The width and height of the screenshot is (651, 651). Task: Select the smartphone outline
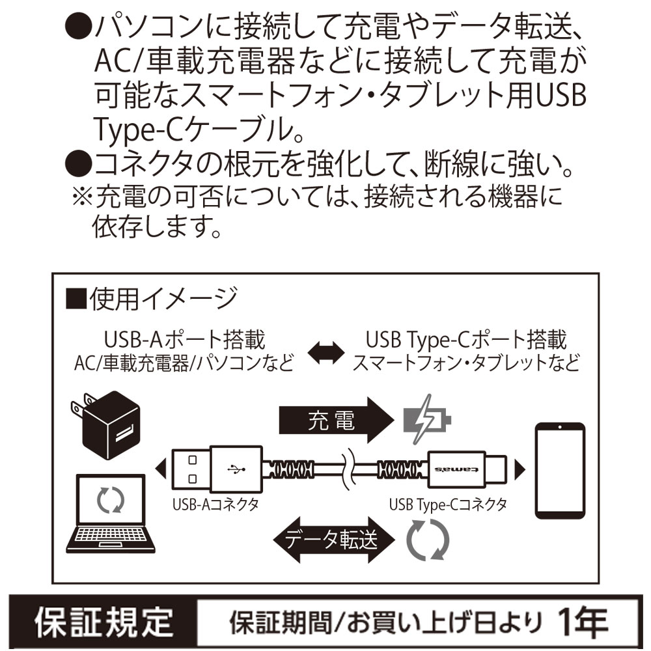coord(559,469)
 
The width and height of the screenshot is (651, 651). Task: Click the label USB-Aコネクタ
coord(215,503)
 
